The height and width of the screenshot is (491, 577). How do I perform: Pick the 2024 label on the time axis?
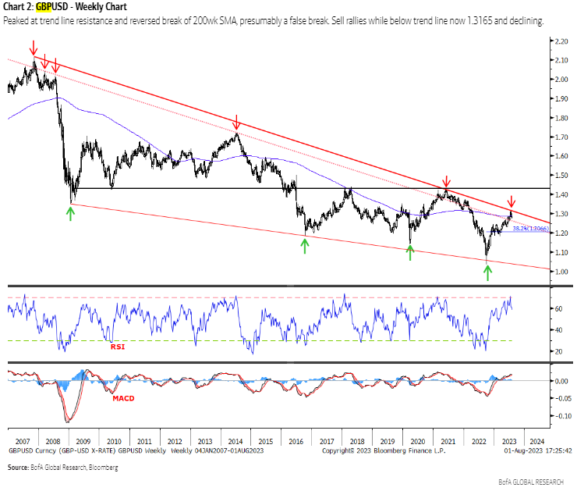click(537, 440)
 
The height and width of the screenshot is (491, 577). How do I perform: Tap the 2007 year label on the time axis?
click(22, 440)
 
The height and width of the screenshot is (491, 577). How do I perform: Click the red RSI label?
click(118, 347)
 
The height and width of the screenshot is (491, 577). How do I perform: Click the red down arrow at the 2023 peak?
click(512, 201)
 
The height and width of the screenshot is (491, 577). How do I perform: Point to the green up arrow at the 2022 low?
click(488, 272)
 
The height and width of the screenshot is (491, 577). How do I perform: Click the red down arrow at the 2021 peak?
click(446, 181)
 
